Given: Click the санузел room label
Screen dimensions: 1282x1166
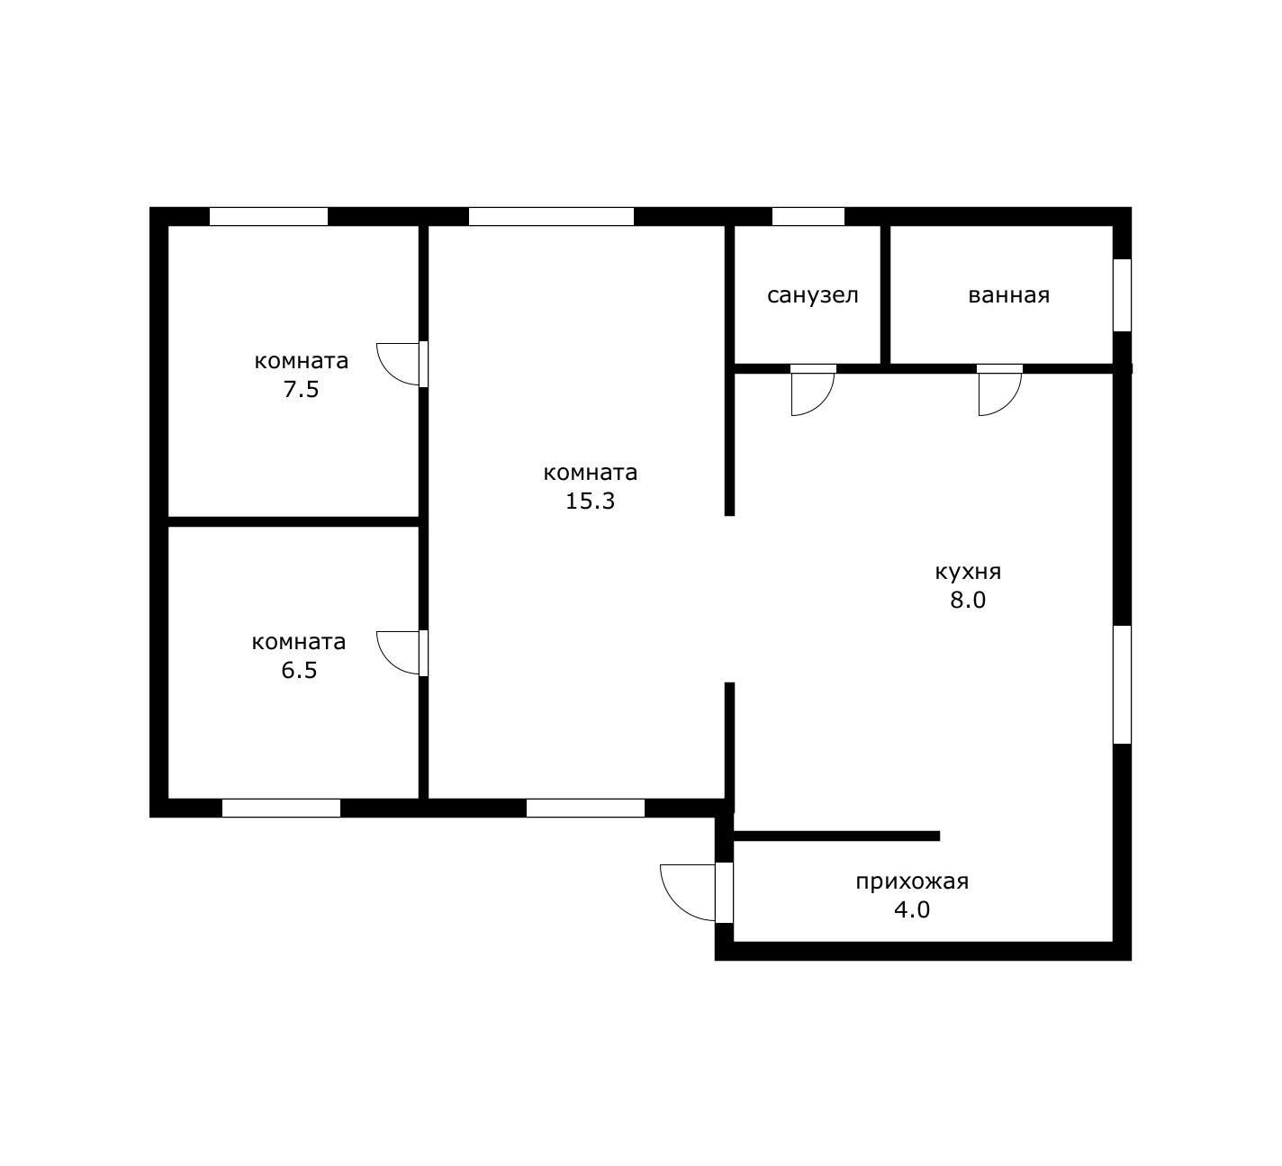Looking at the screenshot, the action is (x=812, y=295).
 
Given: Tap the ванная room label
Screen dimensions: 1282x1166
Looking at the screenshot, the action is (x=1008, y=295).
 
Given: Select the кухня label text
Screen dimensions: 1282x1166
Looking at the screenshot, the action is (x=968, y=572).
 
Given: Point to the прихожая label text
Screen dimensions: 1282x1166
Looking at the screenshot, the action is (x=912, y=881).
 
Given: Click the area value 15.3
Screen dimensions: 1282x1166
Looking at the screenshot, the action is (x=590, y=501).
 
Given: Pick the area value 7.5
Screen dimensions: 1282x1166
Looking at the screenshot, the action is (x=301, y=389).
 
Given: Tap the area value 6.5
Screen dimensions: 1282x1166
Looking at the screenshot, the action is (x=299, y=670).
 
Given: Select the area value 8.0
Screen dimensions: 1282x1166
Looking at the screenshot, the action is (x=968, y=600).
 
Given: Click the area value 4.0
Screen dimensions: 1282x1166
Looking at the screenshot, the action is (x=912, y=909).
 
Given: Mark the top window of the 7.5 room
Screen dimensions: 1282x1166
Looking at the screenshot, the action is (x=268, y=216).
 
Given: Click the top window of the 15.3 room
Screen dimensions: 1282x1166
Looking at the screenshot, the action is (x=551, y=216).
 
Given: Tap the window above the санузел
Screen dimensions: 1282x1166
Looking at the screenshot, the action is (x=808, y=216).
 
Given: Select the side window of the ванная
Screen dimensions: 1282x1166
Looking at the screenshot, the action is (x=1123, y=295).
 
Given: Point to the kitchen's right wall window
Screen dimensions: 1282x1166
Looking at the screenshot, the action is (x=1123, y=684).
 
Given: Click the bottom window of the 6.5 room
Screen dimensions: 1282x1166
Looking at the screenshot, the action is (x=281, y=808).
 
